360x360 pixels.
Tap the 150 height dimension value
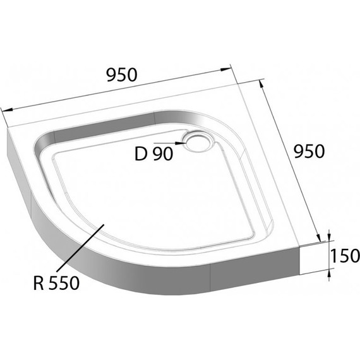click(344, 256)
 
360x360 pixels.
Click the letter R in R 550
click(39, 284)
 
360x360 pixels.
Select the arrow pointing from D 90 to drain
click(180, 143)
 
